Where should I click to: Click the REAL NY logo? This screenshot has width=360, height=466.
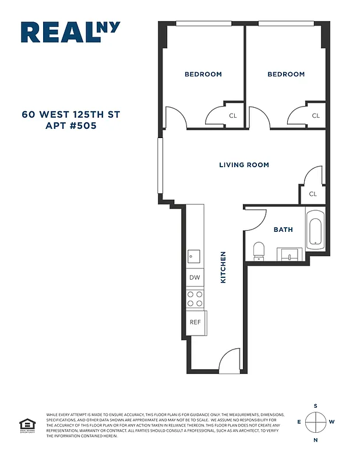pyautogui.click(x=70, y=32)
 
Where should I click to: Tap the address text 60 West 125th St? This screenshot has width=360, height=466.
pyautogui.click(x=71, y=114)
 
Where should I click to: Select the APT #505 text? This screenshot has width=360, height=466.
pyautogui.click(x=71, y=125)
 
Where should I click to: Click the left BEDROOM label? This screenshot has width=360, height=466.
pyautogui.click(x=203, y=75)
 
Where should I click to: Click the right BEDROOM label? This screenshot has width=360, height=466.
pyautogui.click(x=286, y=75)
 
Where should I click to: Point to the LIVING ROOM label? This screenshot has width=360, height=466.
pyautogui.click(x=244, y=165)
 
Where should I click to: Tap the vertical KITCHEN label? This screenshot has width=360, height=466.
pyautogui.click(x=223, y=267)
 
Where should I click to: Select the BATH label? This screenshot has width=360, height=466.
pyautogui.click(x=283, y=230)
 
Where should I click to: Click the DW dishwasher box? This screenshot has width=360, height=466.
pyautogui.click(x=195, y=278)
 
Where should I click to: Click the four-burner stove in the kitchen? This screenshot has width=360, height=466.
pyautogui.click(x=195, y=299)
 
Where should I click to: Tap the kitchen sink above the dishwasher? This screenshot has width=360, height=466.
pyautogui.click(x=194, y=256)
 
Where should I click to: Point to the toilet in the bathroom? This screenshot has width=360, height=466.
pyautogui.click(x=259, y=250)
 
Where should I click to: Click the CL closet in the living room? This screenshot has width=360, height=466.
pyautogui.click(x=313, y=194)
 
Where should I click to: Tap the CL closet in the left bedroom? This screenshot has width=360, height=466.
pyautogui.click(x=233, y=116)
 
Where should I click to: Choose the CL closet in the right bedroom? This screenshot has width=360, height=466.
pyautogui.click(x=316, y=116)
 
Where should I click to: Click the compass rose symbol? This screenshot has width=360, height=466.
pyautogui.click(x=315, y=422)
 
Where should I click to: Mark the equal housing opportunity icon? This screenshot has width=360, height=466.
pyautogui.click(x=26, y=425)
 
